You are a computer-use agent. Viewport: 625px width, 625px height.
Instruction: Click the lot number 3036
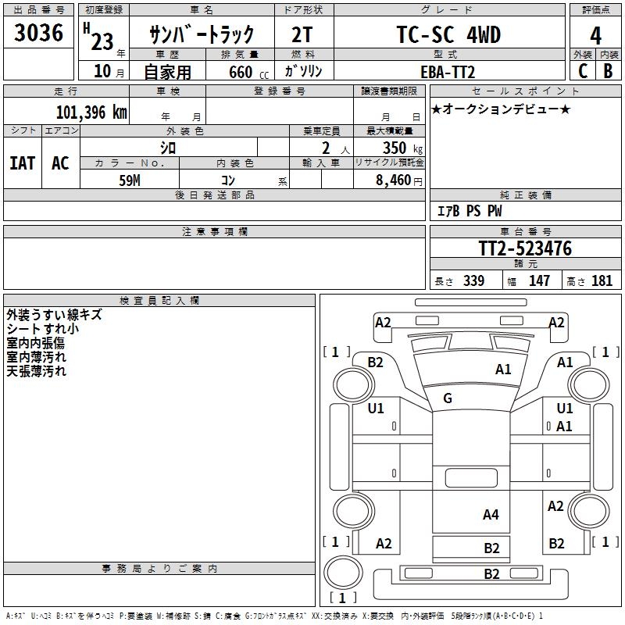pos(39,34)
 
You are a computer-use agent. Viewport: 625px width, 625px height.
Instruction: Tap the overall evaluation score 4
pos(596,35)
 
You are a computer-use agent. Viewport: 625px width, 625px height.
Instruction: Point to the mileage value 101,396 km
pos(91,112)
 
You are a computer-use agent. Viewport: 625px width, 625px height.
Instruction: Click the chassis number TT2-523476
pos(525,249)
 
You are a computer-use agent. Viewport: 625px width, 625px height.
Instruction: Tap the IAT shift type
pos(22,163)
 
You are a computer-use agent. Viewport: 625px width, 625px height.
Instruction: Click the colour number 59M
pos(130,180)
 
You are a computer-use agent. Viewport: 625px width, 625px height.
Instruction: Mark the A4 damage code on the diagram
pos(491,515)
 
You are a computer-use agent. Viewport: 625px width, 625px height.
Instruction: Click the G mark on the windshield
pos(448,398)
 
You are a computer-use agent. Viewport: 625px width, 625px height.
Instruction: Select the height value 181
pos(602,281)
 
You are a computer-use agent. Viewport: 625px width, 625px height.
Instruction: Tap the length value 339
pos(473,281)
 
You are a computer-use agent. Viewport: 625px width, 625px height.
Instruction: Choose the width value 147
pos(539,281)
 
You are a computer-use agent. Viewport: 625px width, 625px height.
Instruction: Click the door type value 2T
pos(304,35)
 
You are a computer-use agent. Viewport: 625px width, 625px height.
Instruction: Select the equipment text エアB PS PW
pos(469,212)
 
